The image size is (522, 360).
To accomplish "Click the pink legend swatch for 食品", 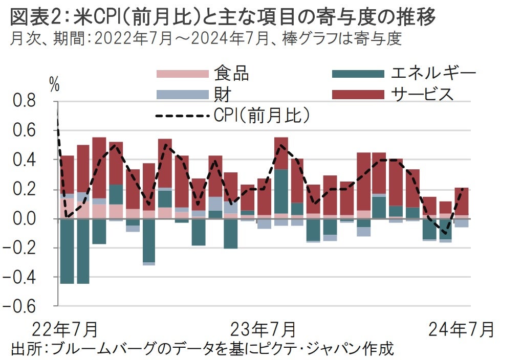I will (x=182, y=74).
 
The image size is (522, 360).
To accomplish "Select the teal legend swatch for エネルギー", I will (x=358, y=74).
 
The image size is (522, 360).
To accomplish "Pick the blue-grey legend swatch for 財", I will (x=182, y=95).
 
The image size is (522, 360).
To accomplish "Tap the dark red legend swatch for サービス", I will (x=358, y=95).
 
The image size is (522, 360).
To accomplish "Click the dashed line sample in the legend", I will (x=182, y=116).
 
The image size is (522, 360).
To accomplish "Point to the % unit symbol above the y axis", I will (x=54, y=85).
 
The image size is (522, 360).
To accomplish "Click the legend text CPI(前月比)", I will (x=260, y=116).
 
